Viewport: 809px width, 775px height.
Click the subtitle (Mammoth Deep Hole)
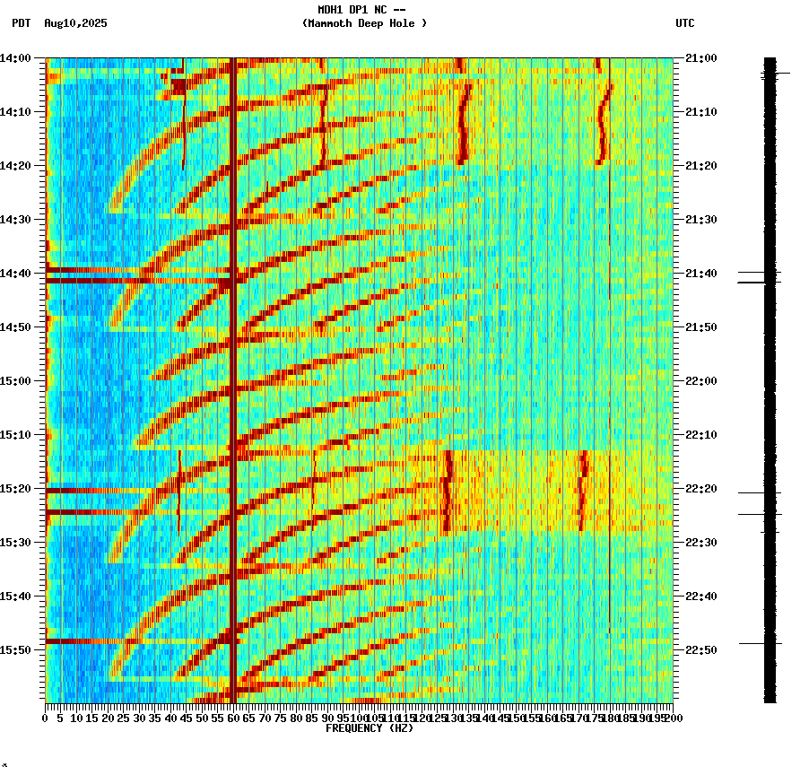364,23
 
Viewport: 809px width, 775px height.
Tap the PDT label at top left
21,23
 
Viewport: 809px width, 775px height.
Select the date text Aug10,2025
75,23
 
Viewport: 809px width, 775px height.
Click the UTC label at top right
684,23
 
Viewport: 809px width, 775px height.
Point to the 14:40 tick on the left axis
16,274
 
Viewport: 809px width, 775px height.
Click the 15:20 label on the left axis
16,489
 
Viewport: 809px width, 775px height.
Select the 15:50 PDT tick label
16,650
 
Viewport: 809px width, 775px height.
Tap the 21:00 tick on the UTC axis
700,58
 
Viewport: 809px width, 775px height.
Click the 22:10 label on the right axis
700,435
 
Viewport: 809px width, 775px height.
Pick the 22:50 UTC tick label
700,650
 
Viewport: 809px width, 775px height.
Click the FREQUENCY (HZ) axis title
370,728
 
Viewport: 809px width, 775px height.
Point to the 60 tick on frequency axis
233,718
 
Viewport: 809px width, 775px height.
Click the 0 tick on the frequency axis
46,718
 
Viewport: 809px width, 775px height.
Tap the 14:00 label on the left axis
16,58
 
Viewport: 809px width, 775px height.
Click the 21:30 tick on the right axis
700,220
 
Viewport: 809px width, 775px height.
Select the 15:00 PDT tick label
16,381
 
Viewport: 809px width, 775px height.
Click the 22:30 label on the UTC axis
700,543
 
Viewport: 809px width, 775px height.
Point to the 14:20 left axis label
16,166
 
